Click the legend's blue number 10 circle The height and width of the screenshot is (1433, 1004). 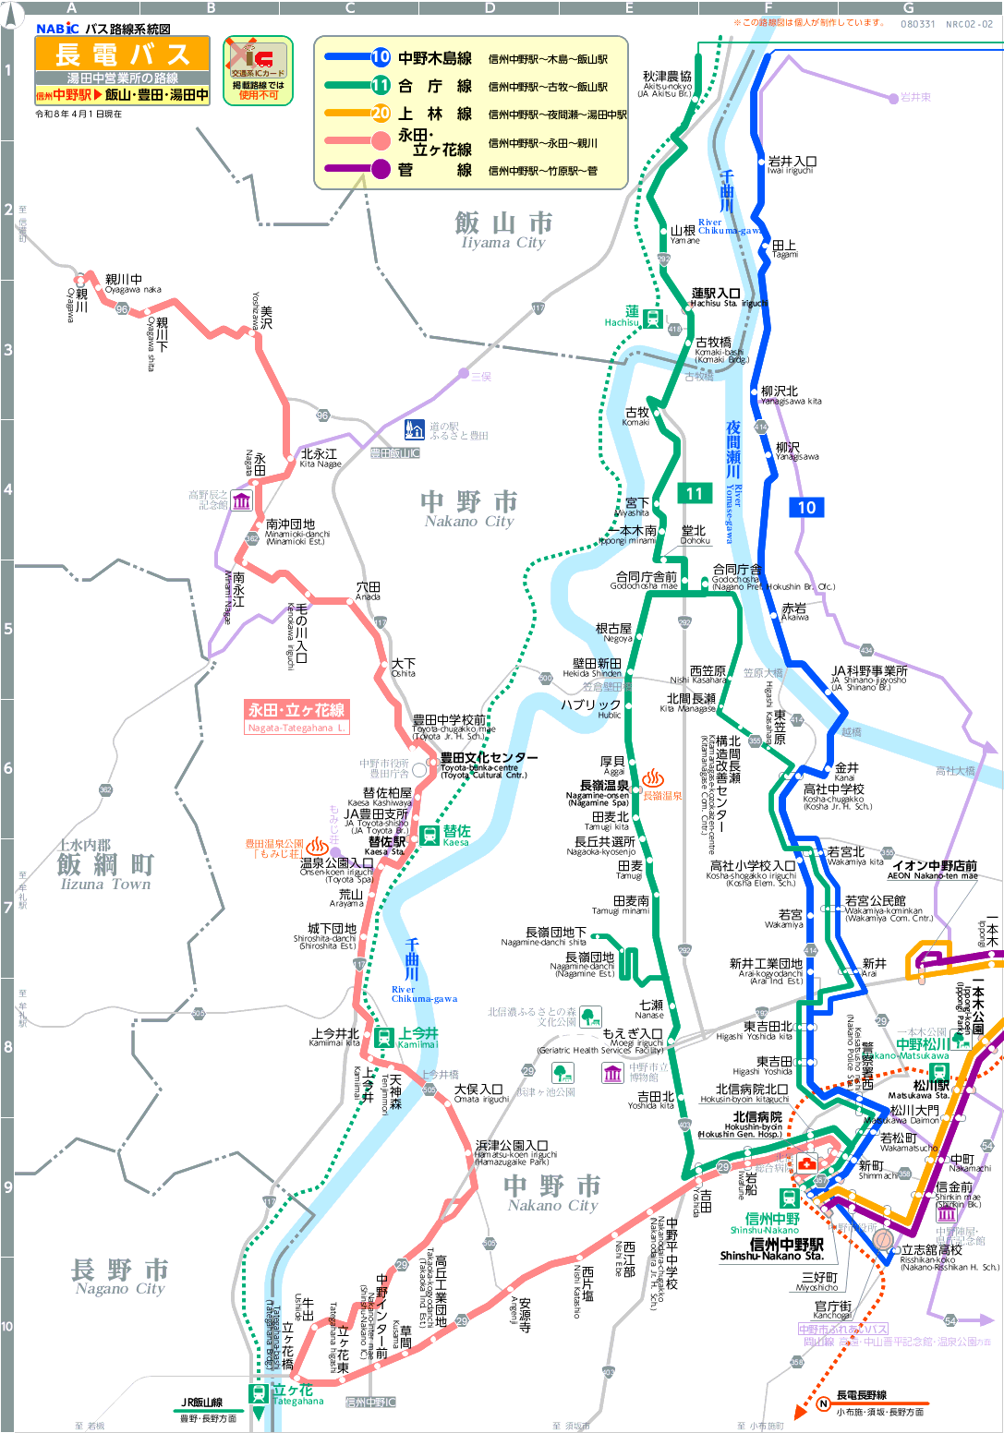coord(381,57)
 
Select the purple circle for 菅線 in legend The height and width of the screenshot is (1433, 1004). coord(381,169)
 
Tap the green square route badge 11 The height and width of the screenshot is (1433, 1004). coord(695,494)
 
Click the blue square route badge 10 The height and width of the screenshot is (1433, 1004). coord(806,507)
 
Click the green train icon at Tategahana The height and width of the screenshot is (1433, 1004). coord(259,1393)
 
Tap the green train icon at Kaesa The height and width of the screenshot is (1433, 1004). coord(429,835)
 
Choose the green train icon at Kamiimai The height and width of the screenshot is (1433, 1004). coord(384,1038)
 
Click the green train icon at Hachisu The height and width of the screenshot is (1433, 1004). coord(652,319)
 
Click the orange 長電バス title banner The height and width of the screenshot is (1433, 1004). coord(122,54)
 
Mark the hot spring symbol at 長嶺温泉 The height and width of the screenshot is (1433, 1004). coord(654,777)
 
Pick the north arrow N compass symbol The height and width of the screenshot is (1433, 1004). coord(824,1403)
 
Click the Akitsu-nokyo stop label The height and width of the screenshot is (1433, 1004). coord(667,84)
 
